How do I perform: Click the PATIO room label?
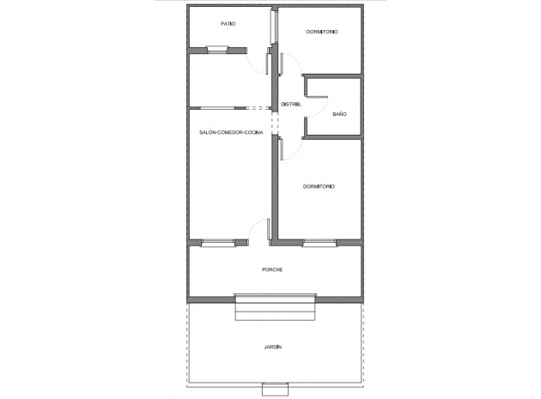(x=228, y=24)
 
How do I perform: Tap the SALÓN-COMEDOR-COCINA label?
(x=231, y=132)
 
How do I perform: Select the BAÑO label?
(x=339, y=114)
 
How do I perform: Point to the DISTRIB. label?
(x=291, y=104)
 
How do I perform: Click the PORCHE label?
(x=272, y=269)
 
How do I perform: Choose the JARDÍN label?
(x=273, y=347)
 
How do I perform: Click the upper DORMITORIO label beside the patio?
(x=322, y=32)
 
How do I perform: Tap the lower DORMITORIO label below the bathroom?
(x=319, y=186)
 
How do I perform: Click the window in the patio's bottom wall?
(x=217, y=50)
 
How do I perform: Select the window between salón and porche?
(x=218, y=243)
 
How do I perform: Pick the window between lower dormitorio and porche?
(x=319, y=243)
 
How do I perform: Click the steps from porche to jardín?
(x=275, y=307)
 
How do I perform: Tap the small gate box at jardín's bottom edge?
(x=275, y=390)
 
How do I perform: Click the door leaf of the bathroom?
(x=317, y=97)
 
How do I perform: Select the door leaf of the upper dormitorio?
(x=282, y=63)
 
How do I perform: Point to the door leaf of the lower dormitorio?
(x=282, y=149)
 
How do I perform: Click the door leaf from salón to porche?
(x=269, y=229)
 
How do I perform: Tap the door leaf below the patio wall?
(x=267, y=63)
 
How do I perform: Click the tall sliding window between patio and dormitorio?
(x=273, y=26)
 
